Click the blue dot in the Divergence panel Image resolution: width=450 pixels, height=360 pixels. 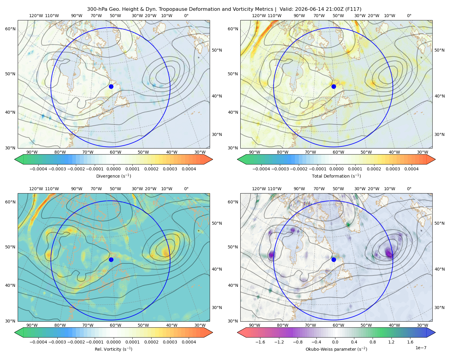tap(111, 86)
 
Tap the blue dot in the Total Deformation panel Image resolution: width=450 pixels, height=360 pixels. tap(334, 86)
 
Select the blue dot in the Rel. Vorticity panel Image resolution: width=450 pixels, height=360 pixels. tap(111, 259)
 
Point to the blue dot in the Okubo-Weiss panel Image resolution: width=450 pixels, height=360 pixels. tap(334, 259)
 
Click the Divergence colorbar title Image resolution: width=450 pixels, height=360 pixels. tap(113, 176)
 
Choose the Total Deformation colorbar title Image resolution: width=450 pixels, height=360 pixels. tap(336, 176)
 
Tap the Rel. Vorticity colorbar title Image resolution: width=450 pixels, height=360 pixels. tap(113, 349)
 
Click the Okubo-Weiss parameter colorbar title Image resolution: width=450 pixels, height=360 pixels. tap(336, 349)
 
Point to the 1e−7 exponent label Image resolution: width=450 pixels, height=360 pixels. tap(421, 348)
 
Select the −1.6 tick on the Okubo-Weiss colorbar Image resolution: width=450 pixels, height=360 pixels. tap(260, 342)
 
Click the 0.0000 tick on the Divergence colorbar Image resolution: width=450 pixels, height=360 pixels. tap(113, 169)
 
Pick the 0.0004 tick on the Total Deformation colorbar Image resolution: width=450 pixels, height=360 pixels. tap(411, 169)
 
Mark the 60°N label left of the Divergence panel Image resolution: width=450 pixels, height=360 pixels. tap(10, 29)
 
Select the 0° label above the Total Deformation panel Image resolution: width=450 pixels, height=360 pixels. tap(409, 16)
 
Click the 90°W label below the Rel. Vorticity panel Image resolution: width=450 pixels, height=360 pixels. tap(32, 325)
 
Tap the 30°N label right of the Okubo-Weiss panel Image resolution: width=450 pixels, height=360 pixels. tap(439, 307)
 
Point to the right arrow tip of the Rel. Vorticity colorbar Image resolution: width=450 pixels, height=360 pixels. tap(213, 332)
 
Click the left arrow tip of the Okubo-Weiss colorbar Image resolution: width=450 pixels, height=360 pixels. tap(237, 332)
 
